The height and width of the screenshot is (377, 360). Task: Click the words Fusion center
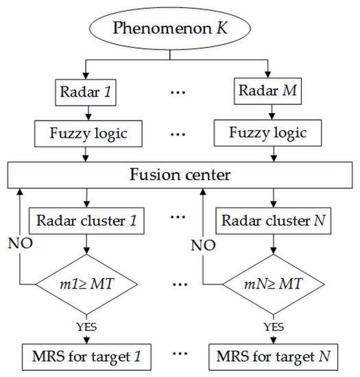(x=180, y=174)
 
